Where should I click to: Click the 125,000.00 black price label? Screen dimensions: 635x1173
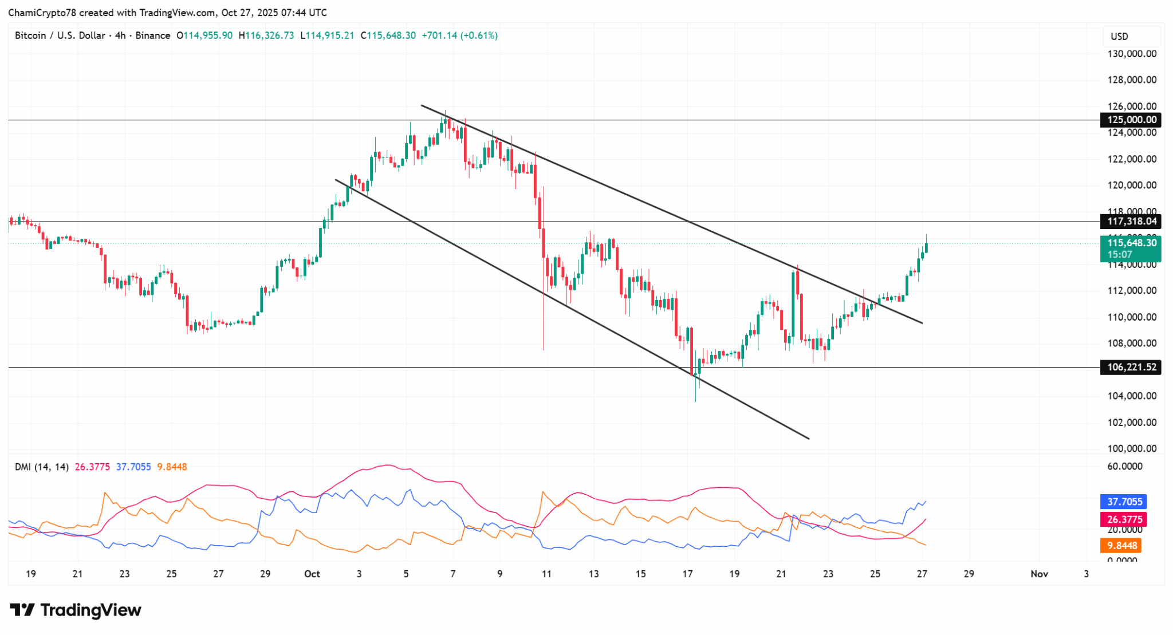click(x=1131, y=120)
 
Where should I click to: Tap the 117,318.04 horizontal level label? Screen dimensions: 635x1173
click(x=1131, y=221)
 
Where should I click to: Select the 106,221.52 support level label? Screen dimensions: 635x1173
click(x=1131, y=367)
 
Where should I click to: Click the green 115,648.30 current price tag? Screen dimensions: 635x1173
click(x=1131, y=243)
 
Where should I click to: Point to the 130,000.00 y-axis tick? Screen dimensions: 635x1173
click(x=1131, y=54)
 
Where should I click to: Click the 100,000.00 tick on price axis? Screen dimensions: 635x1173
click(x=1131, y=448)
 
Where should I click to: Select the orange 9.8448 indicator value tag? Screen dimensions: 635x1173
click(x=1120, y=545)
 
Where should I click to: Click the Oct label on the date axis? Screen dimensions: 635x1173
click(x=312, y=574)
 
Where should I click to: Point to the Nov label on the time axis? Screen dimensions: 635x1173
click(x=1039, y=574)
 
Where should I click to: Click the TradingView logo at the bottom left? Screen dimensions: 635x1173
click(x=76, y=610)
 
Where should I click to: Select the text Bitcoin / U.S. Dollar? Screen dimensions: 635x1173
click(x=60, y=36)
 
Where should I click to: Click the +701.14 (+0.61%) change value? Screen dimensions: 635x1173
click(x=459, y=36)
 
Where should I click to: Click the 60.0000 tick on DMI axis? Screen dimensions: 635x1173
click(x=1124, y=466)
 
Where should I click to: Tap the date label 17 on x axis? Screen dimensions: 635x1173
click(x=687, y=574)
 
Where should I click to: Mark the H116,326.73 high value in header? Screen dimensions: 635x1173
click(x=266, y=36)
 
